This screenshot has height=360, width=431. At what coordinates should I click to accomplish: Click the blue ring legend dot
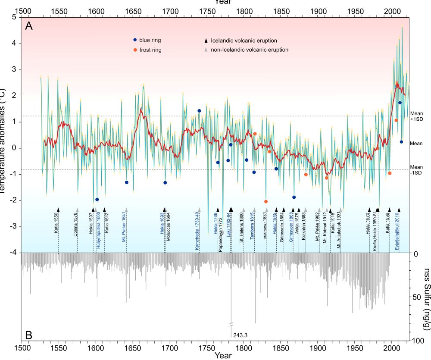[x=135, y=40]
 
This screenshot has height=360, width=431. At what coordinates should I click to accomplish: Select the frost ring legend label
[x=151, y=50]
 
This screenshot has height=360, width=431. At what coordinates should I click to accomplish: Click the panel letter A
[x=29, y=26]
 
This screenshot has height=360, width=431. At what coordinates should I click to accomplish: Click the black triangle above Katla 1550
[x=58, y=210]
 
